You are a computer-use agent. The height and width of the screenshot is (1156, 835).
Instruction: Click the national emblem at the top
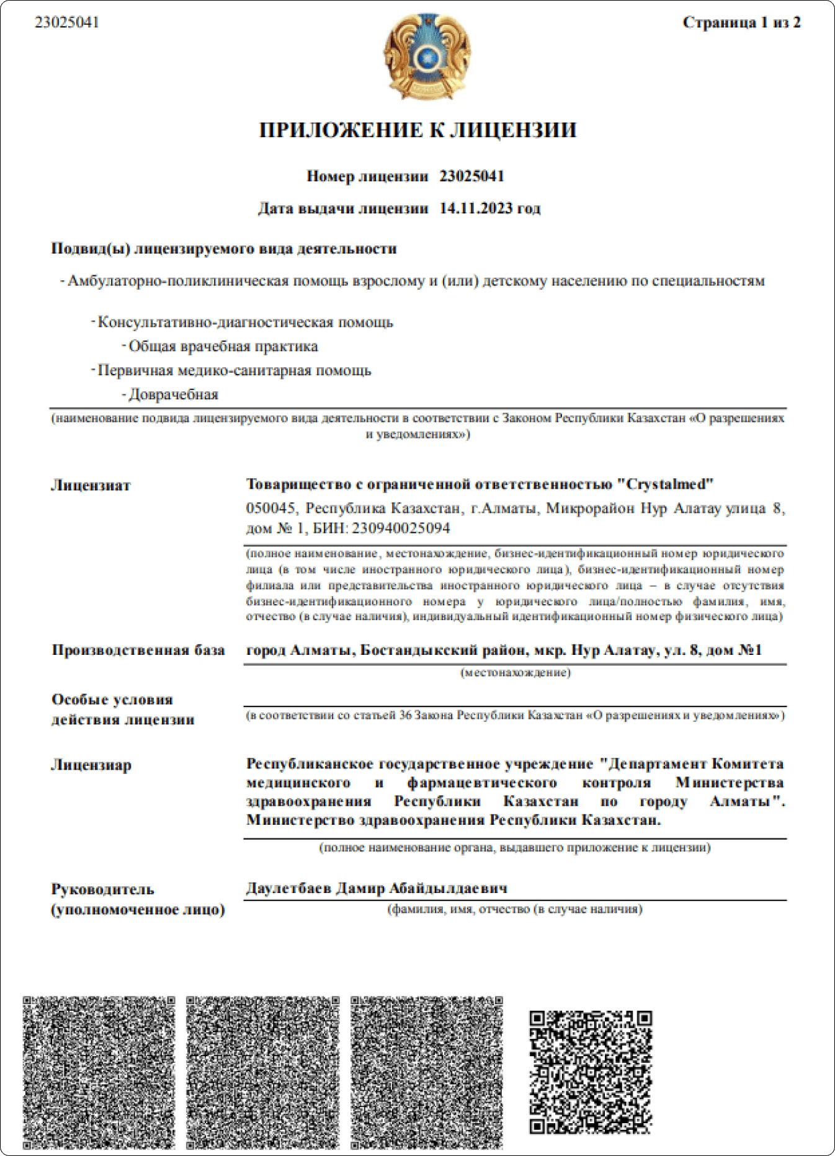(427, 56)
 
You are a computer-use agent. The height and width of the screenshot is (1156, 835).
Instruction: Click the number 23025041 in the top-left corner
(66, 22)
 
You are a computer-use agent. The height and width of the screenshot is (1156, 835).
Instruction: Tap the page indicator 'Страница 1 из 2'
(741, 23)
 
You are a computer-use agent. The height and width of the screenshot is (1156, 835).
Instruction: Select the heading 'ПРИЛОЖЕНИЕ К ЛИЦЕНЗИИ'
(417, 130)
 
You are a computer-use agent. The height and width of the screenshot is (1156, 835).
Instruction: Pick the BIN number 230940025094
(401, 528)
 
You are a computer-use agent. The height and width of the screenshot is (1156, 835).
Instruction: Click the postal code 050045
(270, 509)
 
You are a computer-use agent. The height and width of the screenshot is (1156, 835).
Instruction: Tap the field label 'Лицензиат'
(91, 486)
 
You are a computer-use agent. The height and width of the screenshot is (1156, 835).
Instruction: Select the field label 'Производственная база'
(138, 651)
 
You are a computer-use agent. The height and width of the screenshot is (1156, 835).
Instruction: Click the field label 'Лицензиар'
(91, 765)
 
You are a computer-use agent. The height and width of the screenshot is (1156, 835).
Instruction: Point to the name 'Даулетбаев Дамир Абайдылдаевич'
(377, 888)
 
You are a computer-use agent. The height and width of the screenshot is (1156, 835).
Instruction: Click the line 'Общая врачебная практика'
(223, 347)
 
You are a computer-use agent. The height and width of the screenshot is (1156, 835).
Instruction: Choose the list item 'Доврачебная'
(173, 395)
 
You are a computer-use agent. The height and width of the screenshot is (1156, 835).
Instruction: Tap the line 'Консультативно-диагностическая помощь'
(245, 322)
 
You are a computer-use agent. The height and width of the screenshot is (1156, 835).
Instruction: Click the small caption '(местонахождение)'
(516, 672)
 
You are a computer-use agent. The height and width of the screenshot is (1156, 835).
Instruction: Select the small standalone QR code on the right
(591, 1072)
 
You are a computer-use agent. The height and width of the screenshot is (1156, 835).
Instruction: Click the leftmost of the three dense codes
(99, 1072)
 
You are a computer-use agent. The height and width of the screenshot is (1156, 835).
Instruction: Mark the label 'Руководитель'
(102, 889)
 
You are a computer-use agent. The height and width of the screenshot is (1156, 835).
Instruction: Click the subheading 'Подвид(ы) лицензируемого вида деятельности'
(224, 249)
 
